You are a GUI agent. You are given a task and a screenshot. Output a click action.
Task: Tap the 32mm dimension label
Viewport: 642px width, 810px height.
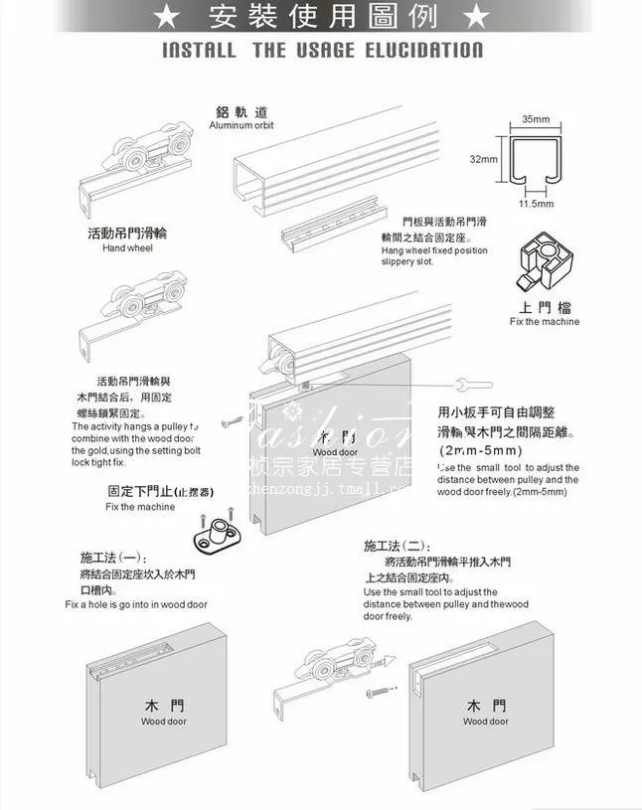(484, 158)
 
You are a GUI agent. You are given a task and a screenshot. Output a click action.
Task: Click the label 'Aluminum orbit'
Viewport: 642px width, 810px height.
(241, 125)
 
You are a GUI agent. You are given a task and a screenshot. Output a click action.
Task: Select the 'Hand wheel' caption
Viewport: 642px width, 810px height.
(127, 247)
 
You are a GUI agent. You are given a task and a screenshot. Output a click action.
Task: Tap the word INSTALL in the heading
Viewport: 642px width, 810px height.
(199, 50)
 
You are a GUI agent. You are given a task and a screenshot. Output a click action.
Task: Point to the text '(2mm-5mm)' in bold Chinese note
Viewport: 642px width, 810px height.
(474, 450)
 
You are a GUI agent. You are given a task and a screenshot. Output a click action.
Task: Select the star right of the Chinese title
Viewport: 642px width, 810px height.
(476, 16)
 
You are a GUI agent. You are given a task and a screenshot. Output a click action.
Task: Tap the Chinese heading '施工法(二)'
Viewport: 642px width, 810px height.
(397, 546)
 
